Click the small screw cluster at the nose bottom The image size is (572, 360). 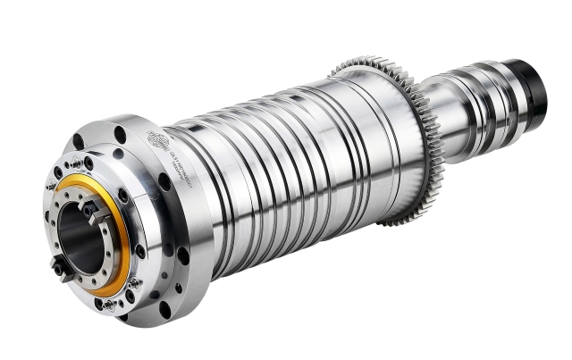click(107, 305)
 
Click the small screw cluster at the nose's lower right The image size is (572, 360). click(134, 284)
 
